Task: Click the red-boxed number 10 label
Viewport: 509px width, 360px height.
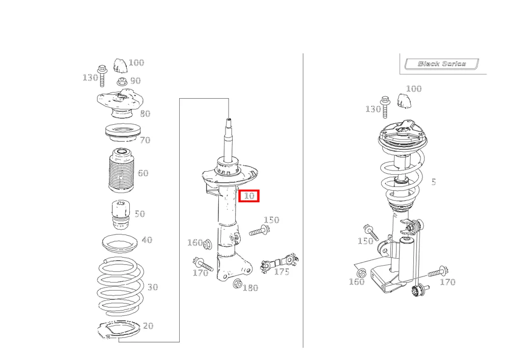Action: [x=249, y=196]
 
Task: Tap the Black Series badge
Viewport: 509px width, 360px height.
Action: [x=441, y=64]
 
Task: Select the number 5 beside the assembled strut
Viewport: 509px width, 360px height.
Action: [x=434, y=182]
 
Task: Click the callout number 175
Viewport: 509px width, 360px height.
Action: [x=281, y=271]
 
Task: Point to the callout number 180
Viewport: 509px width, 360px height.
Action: [x=250, y=288]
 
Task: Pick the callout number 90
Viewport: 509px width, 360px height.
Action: [x=135, y=80]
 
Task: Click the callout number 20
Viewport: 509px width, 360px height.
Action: [x=148, y=325]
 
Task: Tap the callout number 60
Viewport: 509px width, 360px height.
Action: [x=143, y=173]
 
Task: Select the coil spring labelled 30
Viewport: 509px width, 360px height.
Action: [x=121, y=287]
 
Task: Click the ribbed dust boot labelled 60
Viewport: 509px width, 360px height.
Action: [x=121, y=170]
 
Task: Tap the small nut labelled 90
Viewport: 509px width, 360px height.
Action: [x=122, y=81]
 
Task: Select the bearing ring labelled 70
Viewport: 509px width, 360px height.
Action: [x=123, y=132]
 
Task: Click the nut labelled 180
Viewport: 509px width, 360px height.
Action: [x=238, y=284]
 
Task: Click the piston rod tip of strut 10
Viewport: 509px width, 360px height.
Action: [x=229, y=120]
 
